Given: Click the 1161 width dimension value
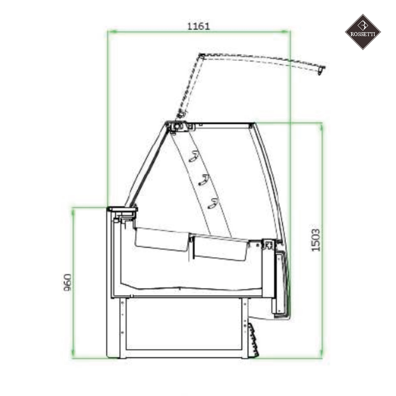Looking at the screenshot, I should point(198,26).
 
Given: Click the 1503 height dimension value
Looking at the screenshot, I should point(316,240).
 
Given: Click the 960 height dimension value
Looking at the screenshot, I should point(67,283).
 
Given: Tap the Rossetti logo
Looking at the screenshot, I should point(363,32).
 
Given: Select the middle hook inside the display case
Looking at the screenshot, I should point(203,180).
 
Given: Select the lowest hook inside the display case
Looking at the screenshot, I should point(213,204).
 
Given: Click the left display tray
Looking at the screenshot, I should point(161,239).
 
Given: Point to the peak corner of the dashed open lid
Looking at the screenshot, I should point(200,56).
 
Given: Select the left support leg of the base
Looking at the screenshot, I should point(122,327).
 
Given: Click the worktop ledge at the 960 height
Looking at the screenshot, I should point(122,210).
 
